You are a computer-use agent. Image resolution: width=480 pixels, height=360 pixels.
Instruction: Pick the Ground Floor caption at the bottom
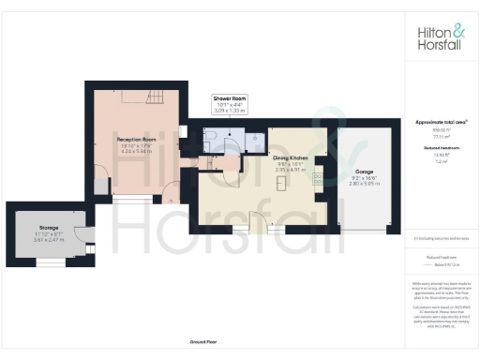click(202, 343)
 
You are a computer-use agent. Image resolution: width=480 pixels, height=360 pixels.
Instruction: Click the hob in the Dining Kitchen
click(317, 177)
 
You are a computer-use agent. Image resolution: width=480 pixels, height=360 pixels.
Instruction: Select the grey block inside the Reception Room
click(99, 186)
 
